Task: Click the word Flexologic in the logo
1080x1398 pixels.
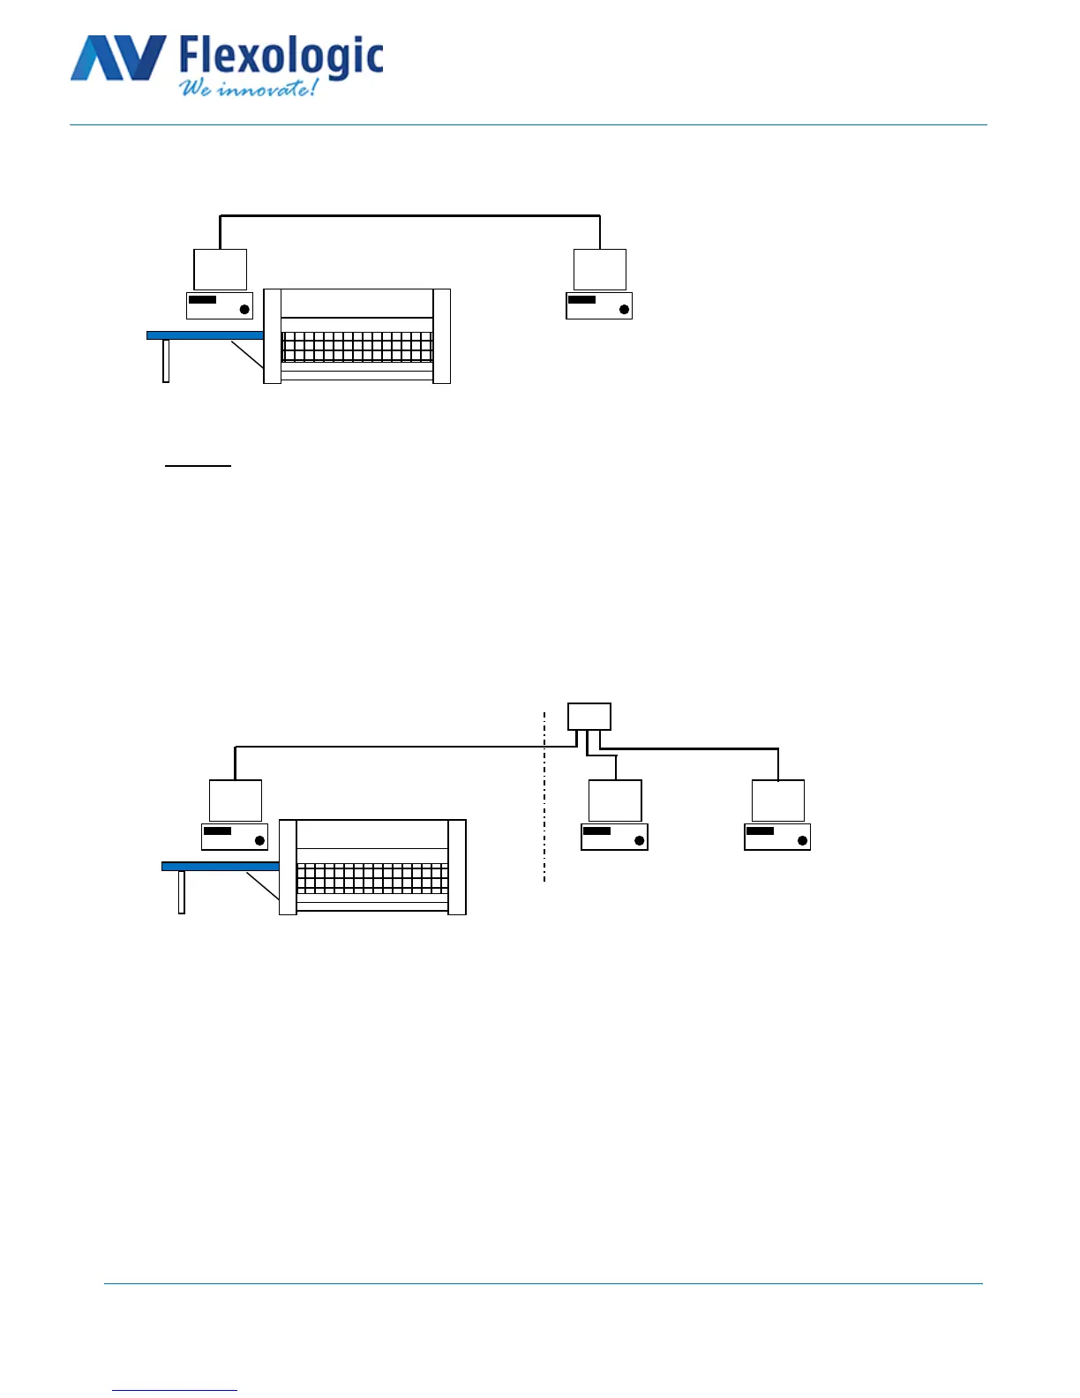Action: pyautogui.click(x=281, y=56)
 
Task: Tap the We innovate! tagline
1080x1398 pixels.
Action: pyautogui.click(x=248, y=88)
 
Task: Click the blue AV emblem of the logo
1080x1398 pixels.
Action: pyautogui.click(x=117, y=58)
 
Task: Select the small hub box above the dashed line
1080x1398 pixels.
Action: pyautogui.click(x=589, y=716)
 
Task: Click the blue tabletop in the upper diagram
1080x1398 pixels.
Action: pyautogui.click(x=205, y=335)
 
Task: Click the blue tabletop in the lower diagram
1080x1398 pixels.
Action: pyautogui.click(x=220, y=867)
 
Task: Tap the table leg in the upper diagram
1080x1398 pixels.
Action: pyautogui.click(x=166, y=361)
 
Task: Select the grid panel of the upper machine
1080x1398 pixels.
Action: pyautogui.click(x=356, y=347)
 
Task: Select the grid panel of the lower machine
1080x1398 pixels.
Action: pyautogui.click(x=372, y=878)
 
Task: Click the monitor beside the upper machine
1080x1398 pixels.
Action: pyautogui.click(x=220, y=269)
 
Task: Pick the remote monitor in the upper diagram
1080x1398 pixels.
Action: pyautogui.click(x=599, y=269)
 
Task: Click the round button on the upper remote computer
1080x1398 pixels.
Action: pyautogui.click(x=624, y=309)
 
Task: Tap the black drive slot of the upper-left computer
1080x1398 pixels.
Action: pyautogui.click(x=202, y=300)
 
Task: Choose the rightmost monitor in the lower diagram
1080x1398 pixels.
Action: pyautogui.click(x=777, y=800)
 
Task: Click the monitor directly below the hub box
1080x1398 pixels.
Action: pyautogui.click(x=615, y=800)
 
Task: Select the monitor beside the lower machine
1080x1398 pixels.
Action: pyautogui.click(x=235, y=800)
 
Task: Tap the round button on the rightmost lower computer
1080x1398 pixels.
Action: pyautogui.click(x=802, y=840)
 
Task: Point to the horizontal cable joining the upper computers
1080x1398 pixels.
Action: pyautogui.click(x=409, y=215)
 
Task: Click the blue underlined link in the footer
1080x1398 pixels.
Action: pyautogui.click(x=175, y=1391)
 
